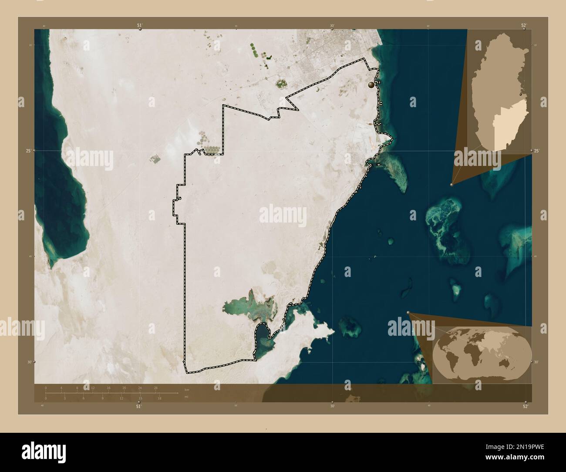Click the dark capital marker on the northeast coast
pyautogui.click(x=371, y=85)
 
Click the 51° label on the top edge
pyautogui.click(x=140, y=26)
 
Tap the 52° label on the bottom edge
pyautogui.click(x=526, y=406)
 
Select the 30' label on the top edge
pyautogui.click(x=332, y=26)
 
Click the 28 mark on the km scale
pyautogui.click(x=155, y=388)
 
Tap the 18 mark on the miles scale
pyautogui.click(x=160, y=398)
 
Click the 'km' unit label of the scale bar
pyautogui.click(x=187, y=390)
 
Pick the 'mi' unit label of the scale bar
pyautogui.click(x=186, y=398)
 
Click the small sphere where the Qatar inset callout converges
pyautogui.click(x=451, y=185)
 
